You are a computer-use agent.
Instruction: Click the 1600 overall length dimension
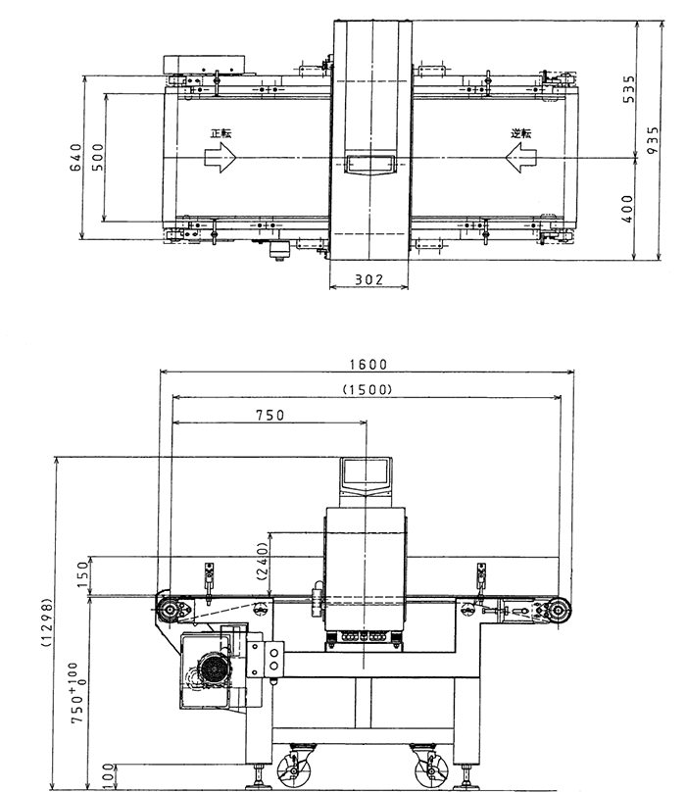[367, 364]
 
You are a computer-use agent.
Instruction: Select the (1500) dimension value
[367, 389]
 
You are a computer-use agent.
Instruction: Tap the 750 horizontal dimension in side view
[269, 415]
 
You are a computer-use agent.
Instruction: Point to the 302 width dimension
[367, 280]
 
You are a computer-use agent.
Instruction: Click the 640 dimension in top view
[75, 158]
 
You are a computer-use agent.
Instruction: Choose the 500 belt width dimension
[97, 158]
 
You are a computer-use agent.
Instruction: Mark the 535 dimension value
[629, 89]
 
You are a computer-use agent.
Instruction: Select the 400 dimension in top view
[629, 208]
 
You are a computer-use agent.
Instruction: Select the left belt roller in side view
[171, 611]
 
